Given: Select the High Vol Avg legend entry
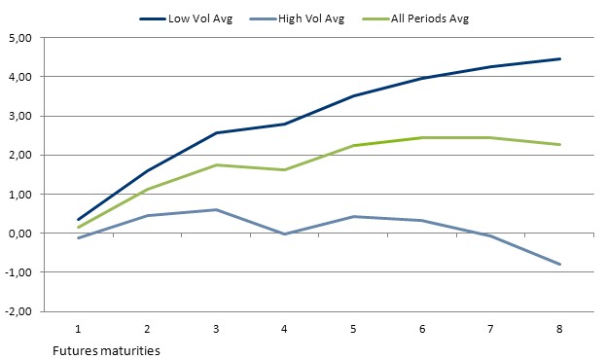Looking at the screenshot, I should tap(308, 18).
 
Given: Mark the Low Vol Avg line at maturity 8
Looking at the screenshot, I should tap(560, 58).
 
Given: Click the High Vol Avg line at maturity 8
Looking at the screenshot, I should tap(560, 265).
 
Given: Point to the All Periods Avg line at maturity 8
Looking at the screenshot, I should tap(560, 145).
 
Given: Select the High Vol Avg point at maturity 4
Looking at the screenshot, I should tap(283, 234).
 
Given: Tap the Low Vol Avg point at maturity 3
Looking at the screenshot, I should tap(214, 132).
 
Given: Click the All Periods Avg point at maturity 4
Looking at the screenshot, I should tap(283, 170).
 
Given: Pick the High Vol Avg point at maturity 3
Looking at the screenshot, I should tap(214, 209).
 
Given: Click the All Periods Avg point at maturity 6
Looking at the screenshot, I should tap(422, 137).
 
